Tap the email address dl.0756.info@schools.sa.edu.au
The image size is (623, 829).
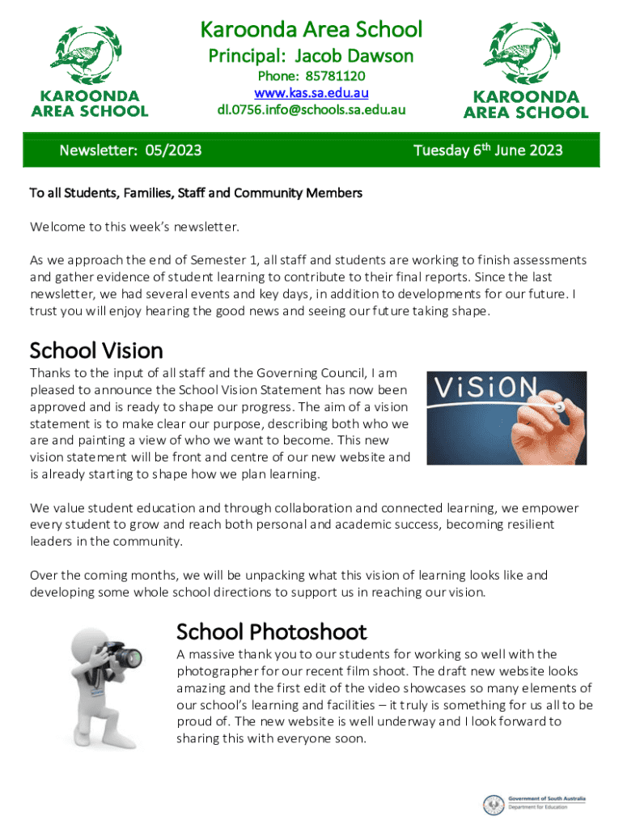click(x=311, y=109)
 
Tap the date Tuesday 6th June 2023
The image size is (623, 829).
click(x=487, y=151)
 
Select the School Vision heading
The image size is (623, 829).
click(x=96, y=351)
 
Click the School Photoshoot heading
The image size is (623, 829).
click(x=271, y=631)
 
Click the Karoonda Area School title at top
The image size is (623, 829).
click(x=311, y=30)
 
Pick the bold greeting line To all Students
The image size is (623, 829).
click(x=196, y=193)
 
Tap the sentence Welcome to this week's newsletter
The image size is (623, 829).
click(x=135, y=227)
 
